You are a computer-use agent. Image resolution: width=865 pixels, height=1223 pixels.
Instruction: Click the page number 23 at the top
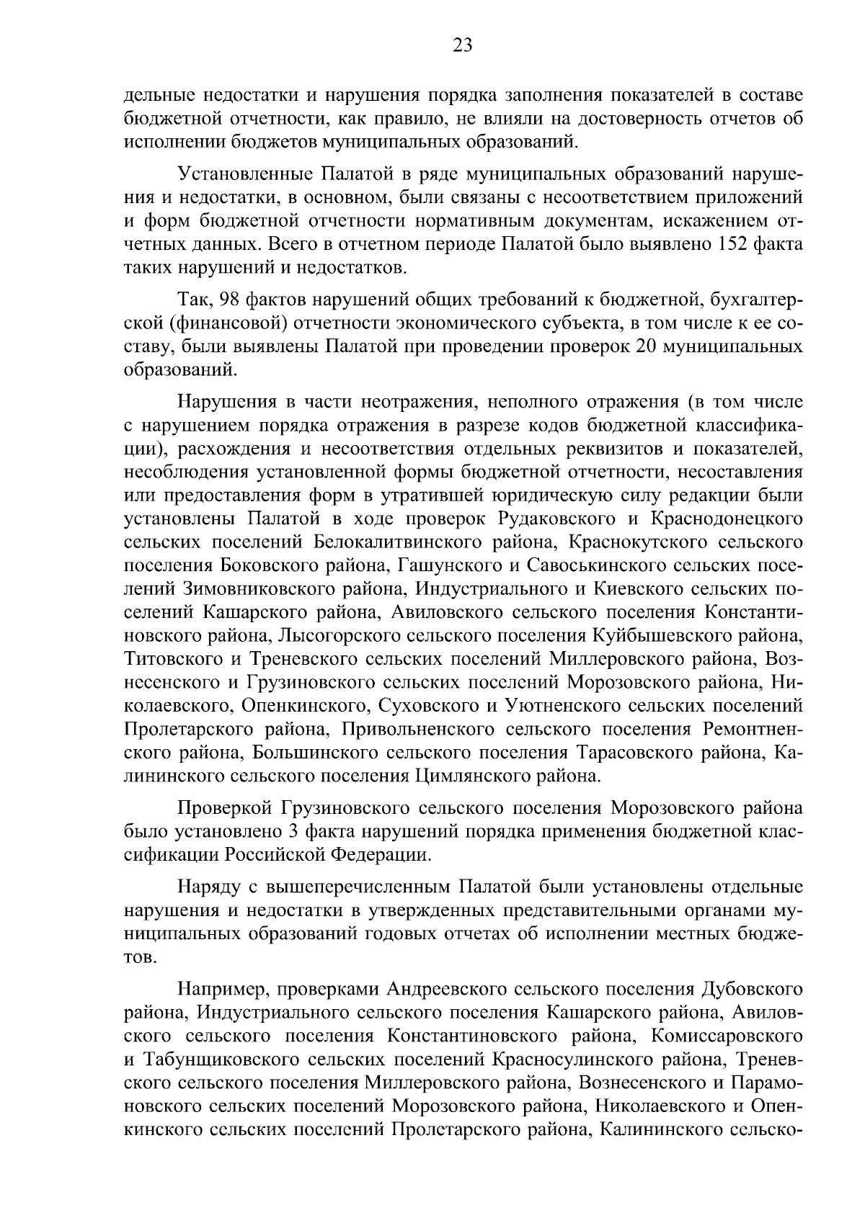(462, 46)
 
